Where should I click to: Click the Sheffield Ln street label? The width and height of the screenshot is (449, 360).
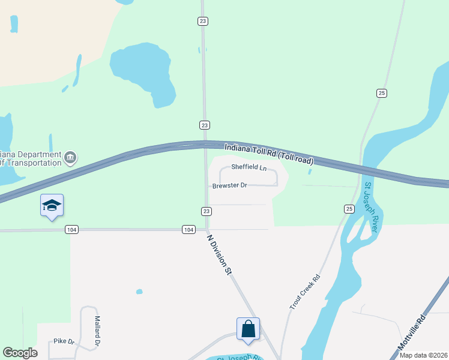point(249,167)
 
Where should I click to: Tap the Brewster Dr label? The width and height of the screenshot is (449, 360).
point(230,186)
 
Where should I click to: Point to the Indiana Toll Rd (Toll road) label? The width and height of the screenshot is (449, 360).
point(269,154)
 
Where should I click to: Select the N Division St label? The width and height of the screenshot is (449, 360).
point(219,254)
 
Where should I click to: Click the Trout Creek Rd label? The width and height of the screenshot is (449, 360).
point(305,292)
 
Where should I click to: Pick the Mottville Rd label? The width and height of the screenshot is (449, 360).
point(411,333)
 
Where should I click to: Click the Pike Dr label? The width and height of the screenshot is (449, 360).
point(64,341)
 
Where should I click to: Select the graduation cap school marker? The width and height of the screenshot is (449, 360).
point(52,205)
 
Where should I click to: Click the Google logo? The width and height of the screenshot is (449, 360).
point(20,353)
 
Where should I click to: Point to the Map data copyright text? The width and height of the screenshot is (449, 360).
point(423,355)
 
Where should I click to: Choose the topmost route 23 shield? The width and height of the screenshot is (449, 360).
point(203,21)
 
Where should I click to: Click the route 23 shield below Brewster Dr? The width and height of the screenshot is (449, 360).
point(206,211)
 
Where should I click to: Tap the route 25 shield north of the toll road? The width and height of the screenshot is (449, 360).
point(382,93)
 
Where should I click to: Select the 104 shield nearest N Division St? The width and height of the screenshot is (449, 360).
point(188,230)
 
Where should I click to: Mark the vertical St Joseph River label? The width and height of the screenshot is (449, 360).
point(372,208)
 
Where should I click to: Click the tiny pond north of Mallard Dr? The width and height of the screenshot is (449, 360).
point(139,292)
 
